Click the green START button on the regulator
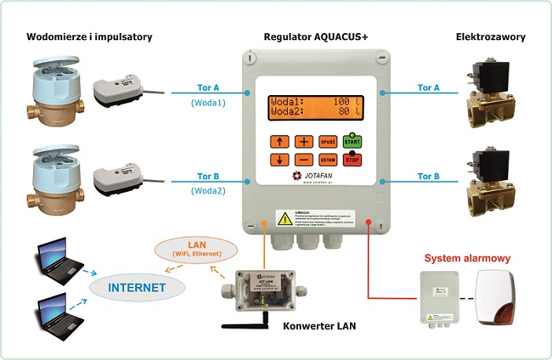point(351,141)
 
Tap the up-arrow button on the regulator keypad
point(280,141)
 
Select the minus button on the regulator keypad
point(304,160)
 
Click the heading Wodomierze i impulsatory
point(90,37)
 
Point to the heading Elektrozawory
point(491,37)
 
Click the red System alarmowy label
point(468,258)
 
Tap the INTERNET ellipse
point(137,288)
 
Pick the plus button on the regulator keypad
point(304,141)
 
